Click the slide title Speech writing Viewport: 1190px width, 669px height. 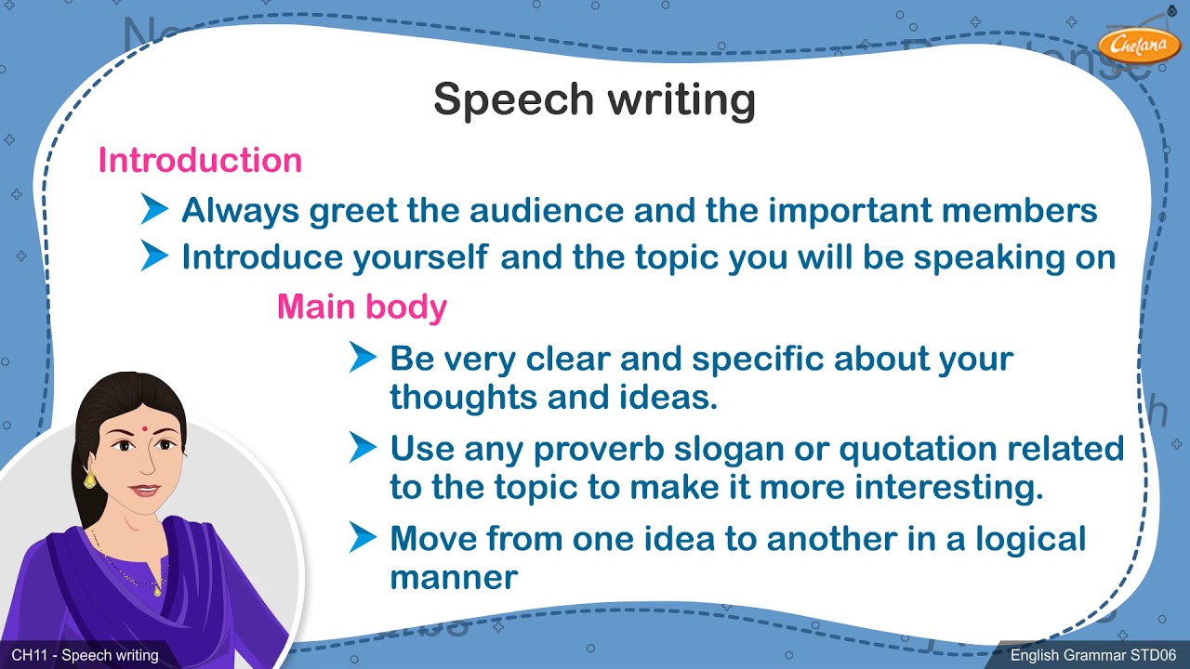(594, 100)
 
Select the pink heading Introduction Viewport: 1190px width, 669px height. (200, 161)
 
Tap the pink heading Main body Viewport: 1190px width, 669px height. (362, 307)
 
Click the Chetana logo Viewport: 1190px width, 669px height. (1138, 43)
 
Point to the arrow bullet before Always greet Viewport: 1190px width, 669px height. (154, 210)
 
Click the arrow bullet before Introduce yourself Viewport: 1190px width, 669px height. (154, 256)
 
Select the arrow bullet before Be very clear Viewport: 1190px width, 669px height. (363, 357)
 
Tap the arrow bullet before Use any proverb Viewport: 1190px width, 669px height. (363, 448)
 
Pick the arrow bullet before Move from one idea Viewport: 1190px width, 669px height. (363, 538)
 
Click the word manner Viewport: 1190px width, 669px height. (453, 578)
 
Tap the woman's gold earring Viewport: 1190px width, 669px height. (90, 479)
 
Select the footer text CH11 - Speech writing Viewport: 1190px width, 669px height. (85, 656)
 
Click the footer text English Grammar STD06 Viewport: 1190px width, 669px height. (1093, 656)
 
